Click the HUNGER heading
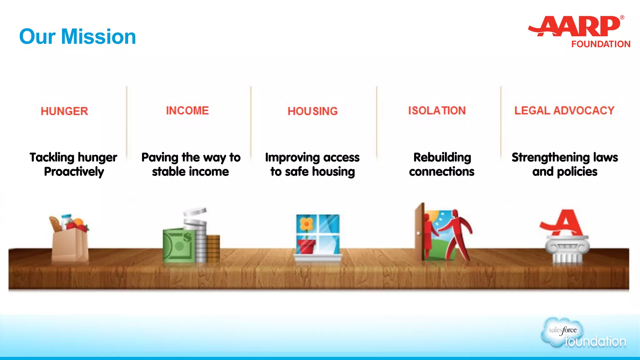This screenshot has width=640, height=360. click(x=64, y=111)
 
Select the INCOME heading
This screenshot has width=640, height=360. click(x=187, y=111)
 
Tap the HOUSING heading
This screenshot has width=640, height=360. click(x=312, y=111)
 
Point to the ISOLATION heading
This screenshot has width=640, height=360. click(x=437, y=111)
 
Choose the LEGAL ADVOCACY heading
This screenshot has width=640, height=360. click(x=564, y=111)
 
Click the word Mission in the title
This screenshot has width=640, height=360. click(x=98, y=37)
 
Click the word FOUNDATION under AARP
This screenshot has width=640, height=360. click(x=601, y=44)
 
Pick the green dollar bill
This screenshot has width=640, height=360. click(x=178, y=245)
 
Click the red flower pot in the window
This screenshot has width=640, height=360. click(x=307, y=246)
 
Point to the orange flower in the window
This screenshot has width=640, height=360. click(x=306, y=224)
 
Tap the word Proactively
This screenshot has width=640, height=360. click(x=74, y=172)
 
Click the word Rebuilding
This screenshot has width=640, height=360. click(x=442, y=157)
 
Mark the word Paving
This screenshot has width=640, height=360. click(x=160, y=157)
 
